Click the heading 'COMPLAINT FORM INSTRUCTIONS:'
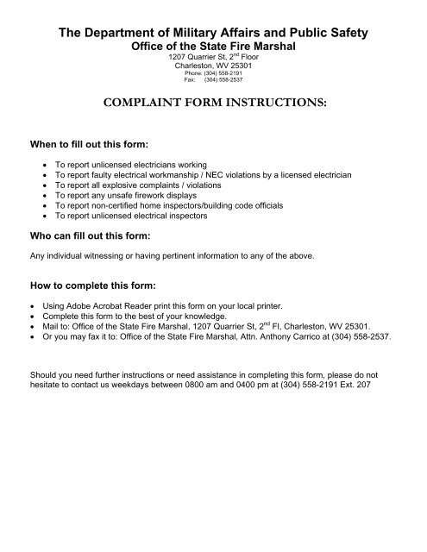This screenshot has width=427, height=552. [x=213, y=101]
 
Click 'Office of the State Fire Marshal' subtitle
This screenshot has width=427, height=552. [x=213, y=46]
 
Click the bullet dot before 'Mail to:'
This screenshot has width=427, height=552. [x=33, y=326]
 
